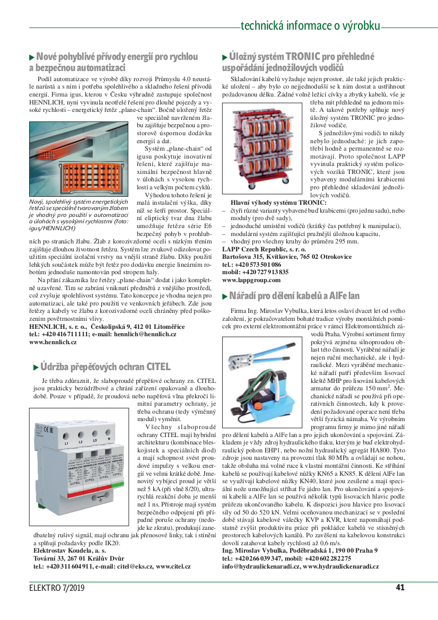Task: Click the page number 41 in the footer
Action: pos(400,587)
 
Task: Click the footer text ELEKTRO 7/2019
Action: pos(57,588)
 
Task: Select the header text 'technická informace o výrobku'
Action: pos(310,25)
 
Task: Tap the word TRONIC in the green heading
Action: pos(303,56)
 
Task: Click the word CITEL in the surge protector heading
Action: pos(159,366)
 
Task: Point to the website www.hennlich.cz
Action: pos(53,343)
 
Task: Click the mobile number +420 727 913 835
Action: pos(262,272)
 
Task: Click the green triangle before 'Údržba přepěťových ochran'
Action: pos(36,367)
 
